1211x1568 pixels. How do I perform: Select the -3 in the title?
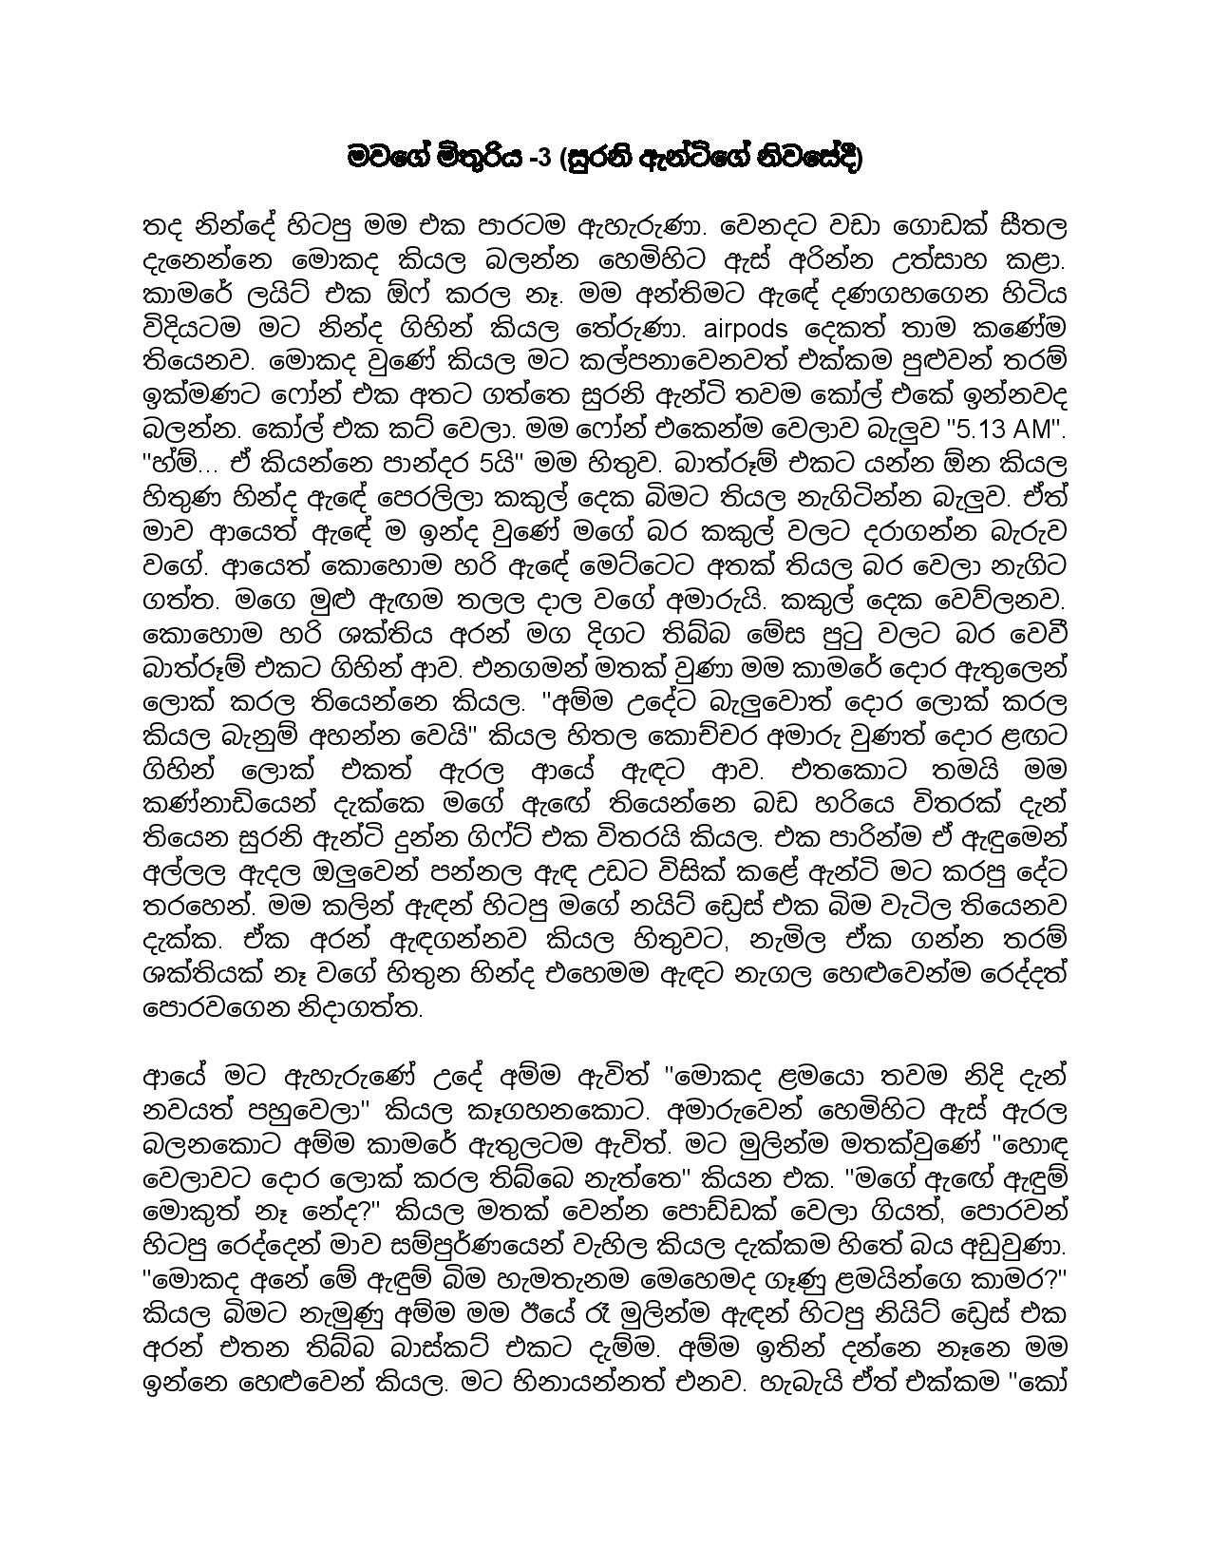tap(538, 157)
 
